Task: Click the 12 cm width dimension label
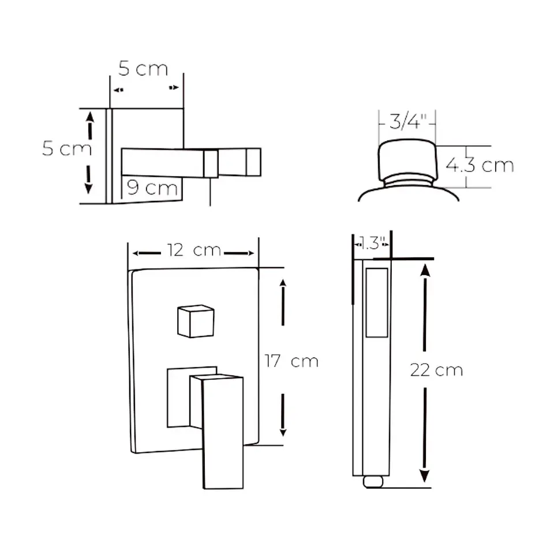[194, 250]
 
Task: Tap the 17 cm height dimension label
[291, 361]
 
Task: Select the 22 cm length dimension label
[436, 370]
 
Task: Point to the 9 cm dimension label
[152, 188]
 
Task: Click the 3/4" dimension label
[407, 121]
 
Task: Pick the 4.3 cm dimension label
[480, 165]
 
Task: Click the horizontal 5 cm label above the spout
[143, 69]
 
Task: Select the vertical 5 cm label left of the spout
[67, 148]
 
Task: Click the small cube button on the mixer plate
[196, 321]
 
